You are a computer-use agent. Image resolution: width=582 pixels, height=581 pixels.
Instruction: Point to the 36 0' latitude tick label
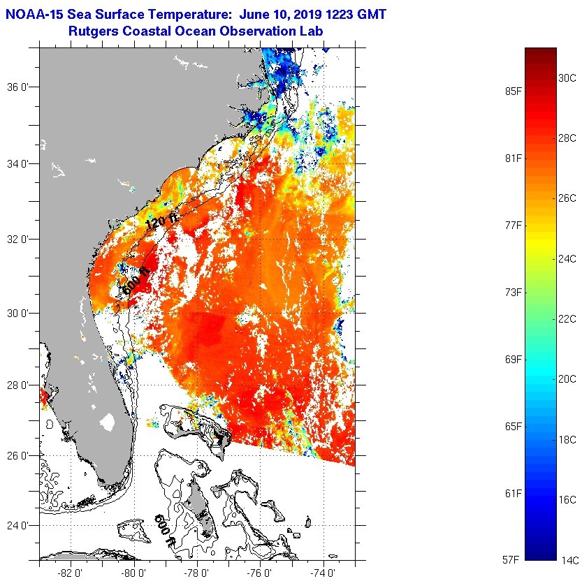pyautogui.click(x=17, y=87)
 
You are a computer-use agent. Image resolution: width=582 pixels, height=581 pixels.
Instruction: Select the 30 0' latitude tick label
pyautogui.click(x=17, y=312)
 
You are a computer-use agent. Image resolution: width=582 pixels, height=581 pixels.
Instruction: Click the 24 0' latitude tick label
pyautogui.click(x=17, y=525)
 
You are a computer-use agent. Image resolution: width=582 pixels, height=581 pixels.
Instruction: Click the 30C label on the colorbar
pyautogui.click(x=566, y=78)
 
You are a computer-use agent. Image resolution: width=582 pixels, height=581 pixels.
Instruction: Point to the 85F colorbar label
pyautogui.click(x=514, y=91)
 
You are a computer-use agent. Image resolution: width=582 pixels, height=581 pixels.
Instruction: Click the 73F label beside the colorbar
pyautogui.click(x=514, y=292)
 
